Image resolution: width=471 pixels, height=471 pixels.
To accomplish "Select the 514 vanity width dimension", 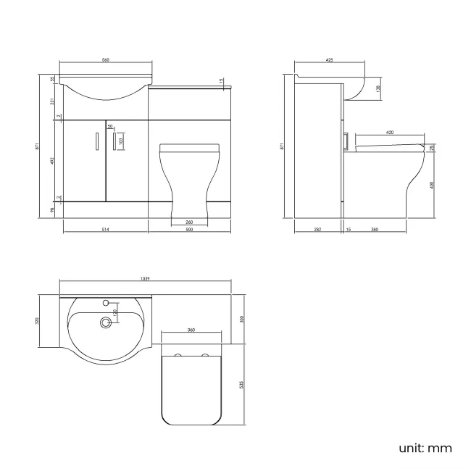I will (105, 230).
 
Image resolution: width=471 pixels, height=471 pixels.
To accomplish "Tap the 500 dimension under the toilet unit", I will (189, 230).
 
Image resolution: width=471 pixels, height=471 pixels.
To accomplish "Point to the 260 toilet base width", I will (189, 222).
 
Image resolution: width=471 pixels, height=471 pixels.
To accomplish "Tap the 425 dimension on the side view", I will (330, 61).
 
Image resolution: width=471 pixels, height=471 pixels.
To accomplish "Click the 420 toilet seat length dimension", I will (390, 133).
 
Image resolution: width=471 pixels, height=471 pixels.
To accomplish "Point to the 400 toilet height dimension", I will (433, 184).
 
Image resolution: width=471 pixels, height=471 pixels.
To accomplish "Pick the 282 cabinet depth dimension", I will (317, 230).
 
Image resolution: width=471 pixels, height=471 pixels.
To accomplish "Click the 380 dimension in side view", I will (375, 230).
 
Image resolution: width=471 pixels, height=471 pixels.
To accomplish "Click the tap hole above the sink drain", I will (107, 302).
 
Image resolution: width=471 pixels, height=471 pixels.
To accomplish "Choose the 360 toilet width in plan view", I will (191, 330).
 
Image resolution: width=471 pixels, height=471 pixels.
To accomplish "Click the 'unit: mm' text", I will (425, 448).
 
